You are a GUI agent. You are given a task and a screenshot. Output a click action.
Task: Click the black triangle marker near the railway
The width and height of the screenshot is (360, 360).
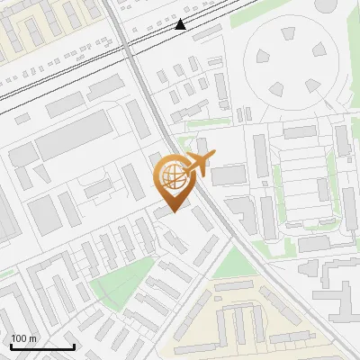181,24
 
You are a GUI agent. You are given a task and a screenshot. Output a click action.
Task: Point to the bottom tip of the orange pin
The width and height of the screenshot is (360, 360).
171,211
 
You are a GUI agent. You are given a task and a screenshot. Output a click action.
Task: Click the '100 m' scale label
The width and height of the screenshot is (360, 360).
23,337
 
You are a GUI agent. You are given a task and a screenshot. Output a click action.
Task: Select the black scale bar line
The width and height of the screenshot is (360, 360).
42,346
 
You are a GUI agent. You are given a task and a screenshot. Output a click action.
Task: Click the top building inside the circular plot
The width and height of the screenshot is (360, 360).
288,34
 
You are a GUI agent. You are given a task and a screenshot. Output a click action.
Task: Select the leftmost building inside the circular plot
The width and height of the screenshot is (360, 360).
255,65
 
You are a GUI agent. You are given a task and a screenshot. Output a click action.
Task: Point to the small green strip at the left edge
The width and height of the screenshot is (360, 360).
5,273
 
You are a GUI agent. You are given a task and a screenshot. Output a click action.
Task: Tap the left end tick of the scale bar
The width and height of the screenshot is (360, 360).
11,346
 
